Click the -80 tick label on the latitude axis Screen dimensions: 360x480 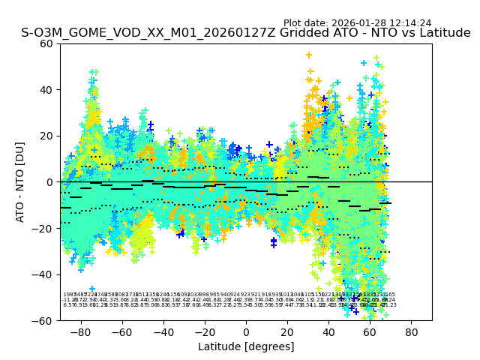click(x=80, y=331)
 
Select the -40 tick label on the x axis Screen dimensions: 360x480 click(x=163, y=331)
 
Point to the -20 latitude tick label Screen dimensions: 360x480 click(x=205, y=331)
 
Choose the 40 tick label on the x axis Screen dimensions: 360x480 click(x=328, y=331)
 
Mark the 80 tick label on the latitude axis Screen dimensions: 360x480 click(x=412, y=331)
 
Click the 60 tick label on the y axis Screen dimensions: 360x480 click(x=46, y=43)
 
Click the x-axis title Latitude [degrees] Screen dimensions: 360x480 click(x=245, y=346)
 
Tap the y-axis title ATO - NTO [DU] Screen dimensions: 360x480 click(x=21, y=181)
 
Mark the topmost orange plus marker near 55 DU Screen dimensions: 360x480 click(x=308, y=55)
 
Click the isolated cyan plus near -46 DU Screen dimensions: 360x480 click(x=92, y=289)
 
